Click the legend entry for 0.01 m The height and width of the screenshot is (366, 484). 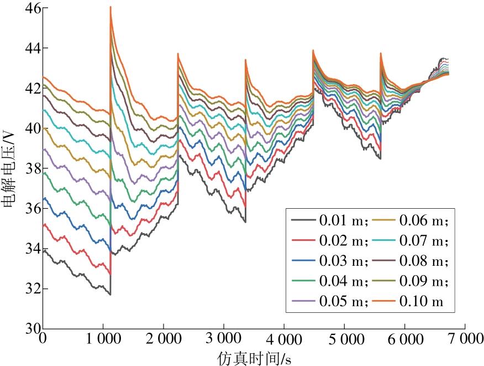[343, 220]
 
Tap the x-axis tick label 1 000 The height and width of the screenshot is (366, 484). [102, 339]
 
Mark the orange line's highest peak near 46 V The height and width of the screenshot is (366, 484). [111, 7]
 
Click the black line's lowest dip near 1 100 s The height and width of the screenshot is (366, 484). [110, 294]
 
